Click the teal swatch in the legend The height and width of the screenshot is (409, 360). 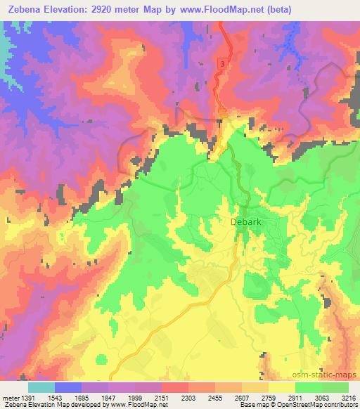41,387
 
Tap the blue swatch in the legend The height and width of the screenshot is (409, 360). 68,387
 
